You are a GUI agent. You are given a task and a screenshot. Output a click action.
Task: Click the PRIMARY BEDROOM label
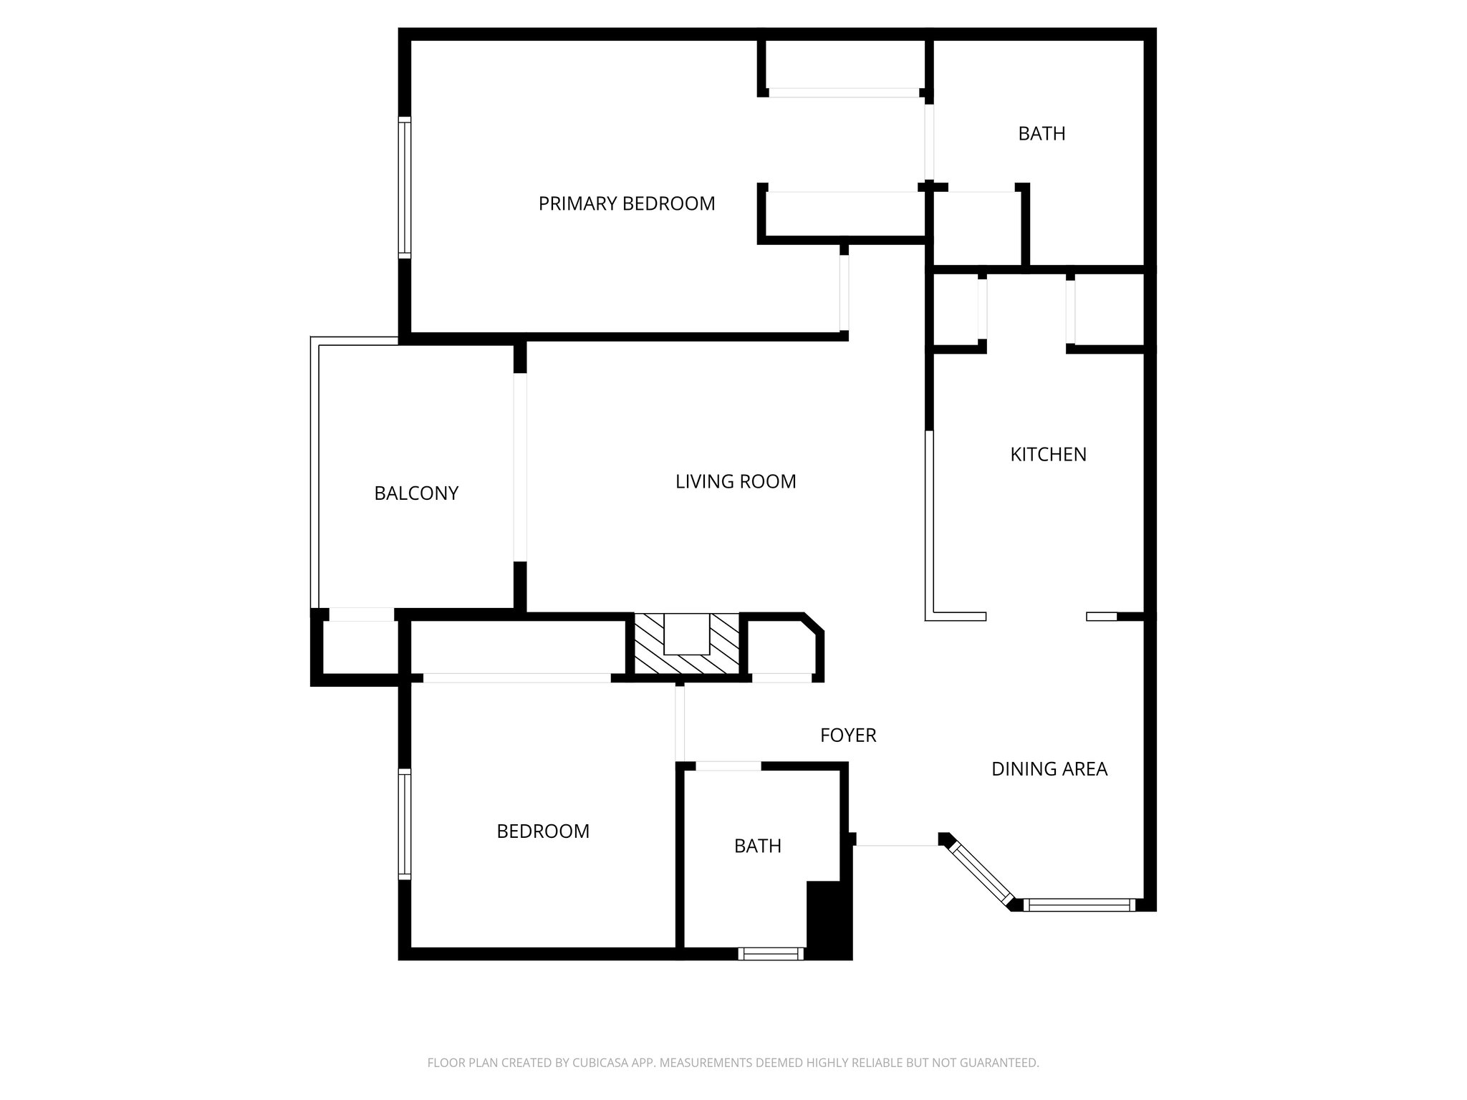(627, 204)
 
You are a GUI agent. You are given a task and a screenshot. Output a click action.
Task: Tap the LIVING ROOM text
(736, 482)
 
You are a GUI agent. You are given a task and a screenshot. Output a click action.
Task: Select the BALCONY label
(416, 493)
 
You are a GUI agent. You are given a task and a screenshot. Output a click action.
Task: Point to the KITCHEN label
(1048, 455)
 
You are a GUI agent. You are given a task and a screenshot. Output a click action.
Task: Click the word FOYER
(848, 735)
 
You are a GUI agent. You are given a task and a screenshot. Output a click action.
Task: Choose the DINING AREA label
(1049, 769)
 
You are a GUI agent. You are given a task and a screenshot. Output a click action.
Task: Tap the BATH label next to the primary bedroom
(1042, 134)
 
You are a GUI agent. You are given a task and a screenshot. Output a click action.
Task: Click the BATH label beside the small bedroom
(757, 846)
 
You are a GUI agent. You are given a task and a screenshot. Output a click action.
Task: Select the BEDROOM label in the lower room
(543, 831)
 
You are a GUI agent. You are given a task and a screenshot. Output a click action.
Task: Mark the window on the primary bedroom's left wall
(405, 188)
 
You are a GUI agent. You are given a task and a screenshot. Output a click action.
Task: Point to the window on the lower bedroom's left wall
(405, 824)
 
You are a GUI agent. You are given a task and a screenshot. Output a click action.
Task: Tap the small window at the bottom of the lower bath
(771, 953)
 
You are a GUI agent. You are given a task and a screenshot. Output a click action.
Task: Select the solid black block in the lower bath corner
(829, 920)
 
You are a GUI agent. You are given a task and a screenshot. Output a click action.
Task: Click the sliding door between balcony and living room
(520, 467)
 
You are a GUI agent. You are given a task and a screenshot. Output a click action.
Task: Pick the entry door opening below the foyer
(897, 845)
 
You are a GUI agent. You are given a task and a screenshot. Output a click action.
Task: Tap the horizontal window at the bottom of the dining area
(1079, 905)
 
